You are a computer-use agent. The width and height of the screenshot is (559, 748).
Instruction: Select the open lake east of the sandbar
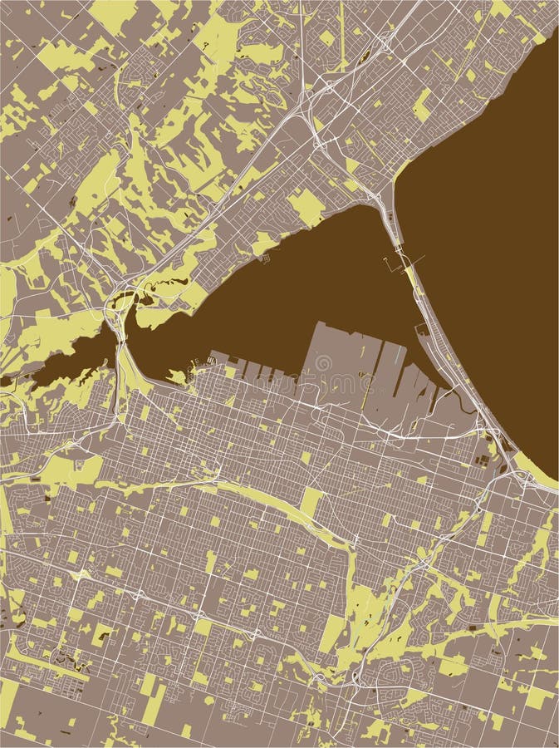point(490,249)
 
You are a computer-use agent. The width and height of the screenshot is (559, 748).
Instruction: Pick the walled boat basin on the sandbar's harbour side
point(424,332)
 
